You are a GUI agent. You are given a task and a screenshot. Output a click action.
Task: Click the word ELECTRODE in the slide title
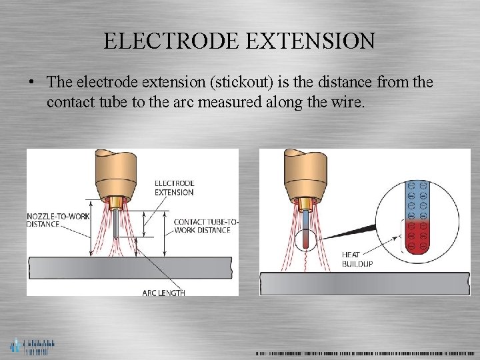pyautogui.click(x=167, y=41)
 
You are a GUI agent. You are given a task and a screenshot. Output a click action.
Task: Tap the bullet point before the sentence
pyautogui.click(x=31, y=83)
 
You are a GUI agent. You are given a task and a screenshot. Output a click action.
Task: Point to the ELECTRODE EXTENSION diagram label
pyautogui.click(x=174, y=187)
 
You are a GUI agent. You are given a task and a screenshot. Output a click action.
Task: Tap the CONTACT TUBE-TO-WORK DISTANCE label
pyautogui.click(x=205, y=226)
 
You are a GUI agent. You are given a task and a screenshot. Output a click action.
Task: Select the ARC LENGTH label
pyautogui.click(x=164, y=293)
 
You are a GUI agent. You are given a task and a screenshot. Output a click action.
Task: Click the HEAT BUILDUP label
pyautogui.click(x=357, y=259)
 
